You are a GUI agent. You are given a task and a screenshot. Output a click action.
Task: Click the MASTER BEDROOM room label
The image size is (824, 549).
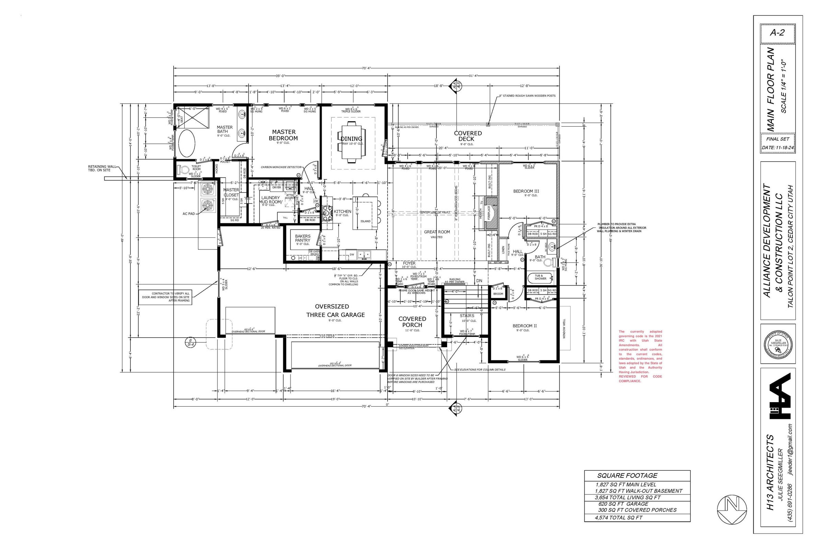point(284,135)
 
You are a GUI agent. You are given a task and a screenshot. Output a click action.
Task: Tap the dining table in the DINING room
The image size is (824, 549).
point(351,142)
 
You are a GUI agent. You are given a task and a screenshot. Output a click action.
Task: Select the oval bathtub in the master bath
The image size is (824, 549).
point(188,143)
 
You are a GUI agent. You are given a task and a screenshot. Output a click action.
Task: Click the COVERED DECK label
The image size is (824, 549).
point(468,136)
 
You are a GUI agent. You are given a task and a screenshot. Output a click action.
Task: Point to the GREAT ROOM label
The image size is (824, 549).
point(437,232)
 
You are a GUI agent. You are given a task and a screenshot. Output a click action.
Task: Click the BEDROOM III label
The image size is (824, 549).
point(526,191)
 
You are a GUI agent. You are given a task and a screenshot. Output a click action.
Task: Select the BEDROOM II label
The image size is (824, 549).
point(525,326)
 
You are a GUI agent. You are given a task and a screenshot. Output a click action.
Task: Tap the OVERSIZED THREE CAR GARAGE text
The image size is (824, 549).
point(335,311)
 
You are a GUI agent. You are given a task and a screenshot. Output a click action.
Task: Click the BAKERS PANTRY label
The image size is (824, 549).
point(302,238)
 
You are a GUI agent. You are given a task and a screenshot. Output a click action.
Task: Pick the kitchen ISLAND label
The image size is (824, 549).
point(365,221)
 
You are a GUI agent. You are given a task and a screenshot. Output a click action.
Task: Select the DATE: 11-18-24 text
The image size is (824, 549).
point(777,148)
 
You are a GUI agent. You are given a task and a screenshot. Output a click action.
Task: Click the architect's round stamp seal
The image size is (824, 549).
point(778,345)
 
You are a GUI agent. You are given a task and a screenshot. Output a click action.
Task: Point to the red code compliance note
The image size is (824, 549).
point(640,356)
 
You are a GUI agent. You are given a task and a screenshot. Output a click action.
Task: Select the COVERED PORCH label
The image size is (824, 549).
point(412,322)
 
